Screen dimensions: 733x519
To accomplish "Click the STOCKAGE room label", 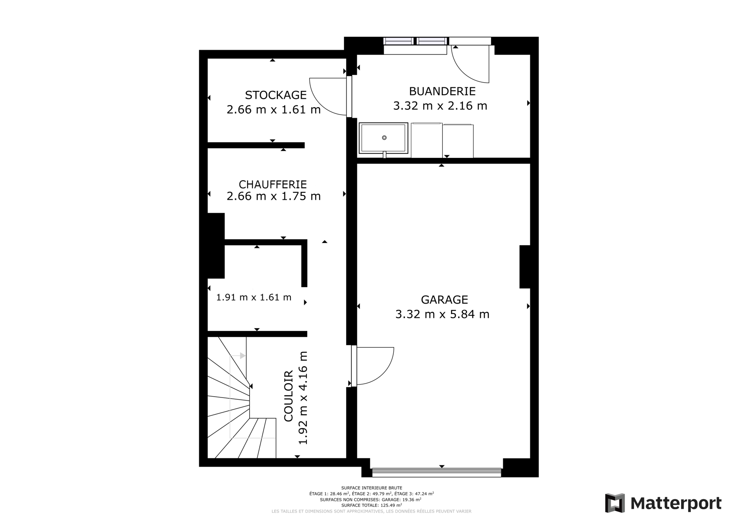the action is click(276, 95).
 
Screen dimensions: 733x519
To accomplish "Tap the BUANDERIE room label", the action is click(442, 91).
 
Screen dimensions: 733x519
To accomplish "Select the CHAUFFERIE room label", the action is click(273, 184).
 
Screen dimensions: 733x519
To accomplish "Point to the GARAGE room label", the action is click(444, 300).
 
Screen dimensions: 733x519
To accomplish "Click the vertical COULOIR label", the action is click(288, 396).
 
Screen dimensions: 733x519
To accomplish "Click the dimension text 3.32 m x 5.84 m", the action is click(442, 314).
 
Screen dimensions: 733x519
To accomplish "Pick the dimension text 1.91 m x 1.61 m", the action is click(254, 297).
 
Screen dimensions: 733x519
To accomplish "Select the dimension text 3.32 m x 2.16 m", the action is click(440, 106).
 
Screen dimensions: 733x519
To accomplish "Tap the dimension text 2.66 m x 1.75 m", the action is click(274, 196).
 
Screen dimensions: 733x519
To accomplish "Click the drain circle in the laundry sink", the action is click(384, 138).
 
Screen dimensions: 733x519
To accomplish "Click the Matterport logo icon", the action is click(615, 503).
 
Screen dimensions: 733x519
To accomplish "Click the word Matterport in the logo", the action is click(676, 503).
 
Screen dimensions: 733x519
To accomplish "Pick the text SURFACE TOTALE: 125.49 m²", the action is click(371, 505).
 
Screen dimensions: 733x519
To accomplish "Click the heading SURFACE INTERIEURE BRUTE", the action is click(371, 488).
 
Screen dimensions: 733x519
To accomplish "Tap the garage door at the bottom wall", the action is click(437, 472).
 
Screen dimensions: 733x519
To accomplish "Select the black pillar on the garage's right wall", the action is click(525, 267).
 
